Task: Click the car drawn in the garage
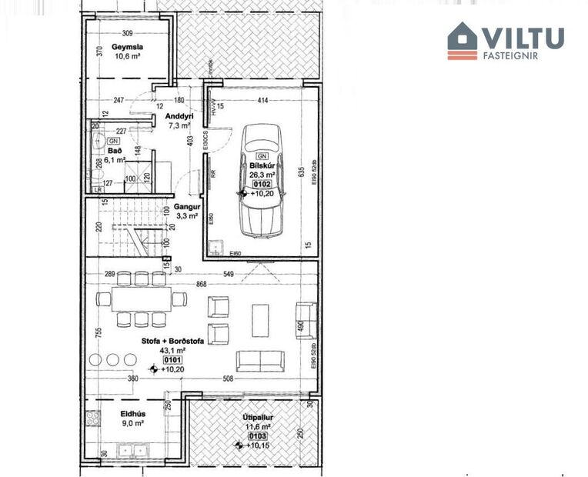[x=260, y=181]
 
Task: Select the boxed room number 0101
[x=172, y=359]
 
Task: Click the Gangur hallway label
[x=187, y=208]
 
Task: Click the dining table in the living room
[x=139, y=299]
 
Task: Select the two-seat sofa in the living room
[x=261, y=360]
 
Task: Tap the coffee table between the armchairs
[x=261, y=319]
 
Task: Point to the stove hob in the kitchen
[x=93, y=419]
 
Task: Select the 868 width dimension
[x=201, y=285]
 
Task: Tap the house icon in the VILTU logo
[x=463, y=40]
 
